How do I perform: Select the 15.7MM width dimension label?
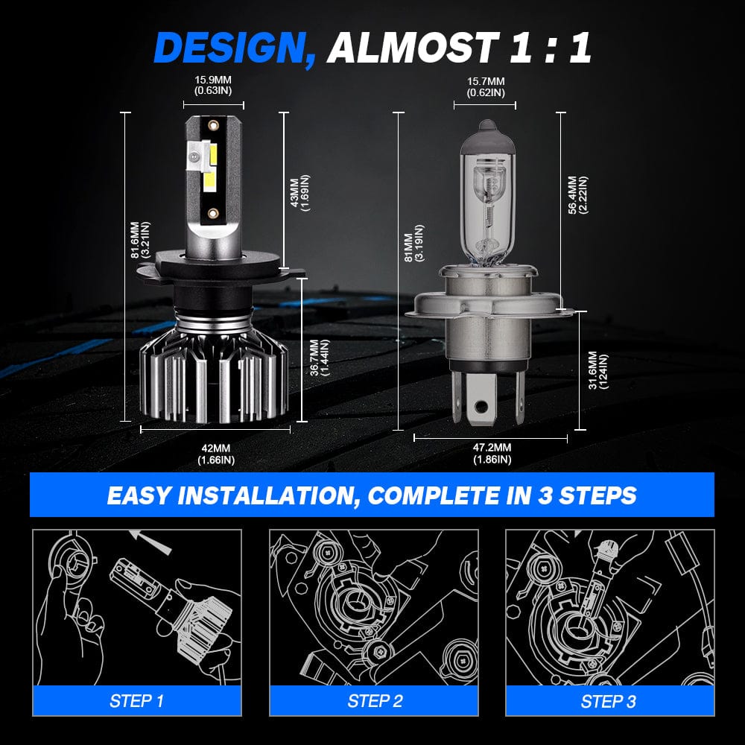coord(485,86)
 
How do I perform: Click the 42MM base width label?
coord(216,454)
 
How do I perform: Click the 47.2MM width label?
coord(492,453)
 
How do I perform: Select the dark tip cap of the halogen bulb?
coord(486,131)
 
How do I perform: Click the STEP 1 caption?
coord(136,700)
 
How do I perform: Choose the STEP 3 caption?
coord(609,700)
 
